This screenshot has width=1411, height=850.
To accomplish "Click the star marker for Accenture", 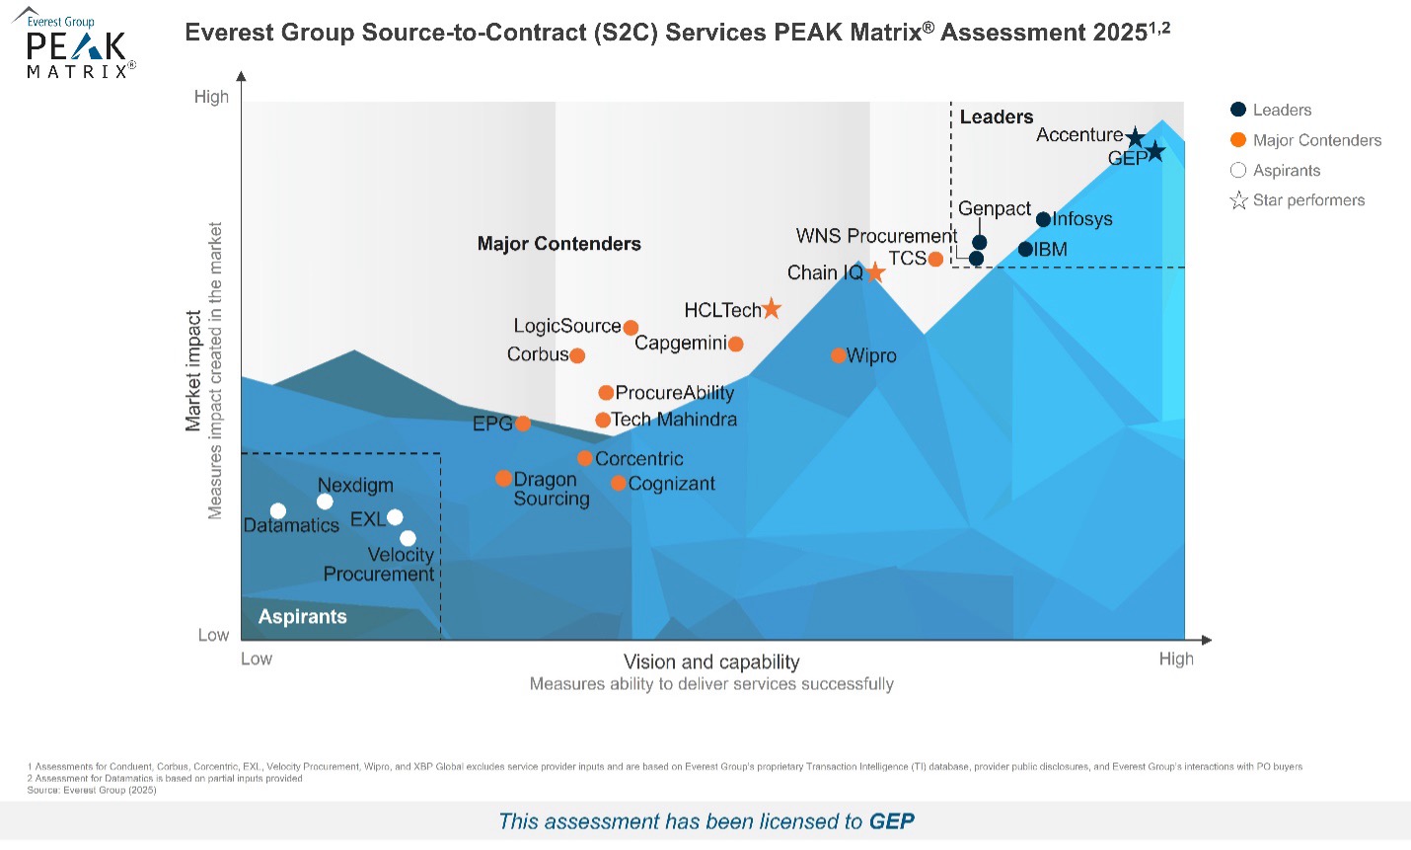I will point(1135,137).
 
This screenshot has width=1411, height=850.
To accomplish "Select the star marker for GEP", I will point(1155,152).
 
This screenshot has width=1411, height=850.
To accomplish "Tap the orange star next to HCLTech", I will point(772,310).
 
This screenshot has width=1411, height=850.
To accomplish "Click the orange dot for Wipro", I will point(839,355).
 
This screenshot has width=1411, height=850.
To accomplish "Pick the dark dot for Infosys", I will point(1044,219).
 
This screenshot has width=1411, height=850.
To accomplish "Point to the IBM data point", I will point(1025,250).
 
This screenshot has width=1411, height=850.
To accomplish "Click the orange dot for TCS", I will point(935,259).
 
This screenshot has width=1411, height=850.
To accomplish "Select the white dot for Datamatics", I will point(278,511).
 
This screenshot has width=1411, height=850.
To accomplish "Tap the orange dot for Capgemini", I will point(735,345).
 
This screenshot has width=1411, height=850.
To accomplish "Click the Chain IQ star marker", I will point(875,272).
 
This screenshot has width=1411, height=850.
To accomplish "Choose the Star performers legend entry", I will point(1297,200).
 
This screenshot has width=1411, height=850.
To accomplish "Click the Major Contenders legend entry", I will point(1305,140).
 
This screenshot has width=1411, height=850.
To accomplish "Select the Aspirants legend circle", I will point(1238,171).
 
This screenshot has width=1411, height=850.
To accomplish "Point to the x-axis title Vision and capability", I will point(711,661).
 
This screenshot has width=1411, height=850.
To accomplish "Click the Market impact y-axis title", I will point(193,371).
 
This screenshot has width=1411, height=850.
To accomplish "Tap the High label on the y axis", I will point(211,97).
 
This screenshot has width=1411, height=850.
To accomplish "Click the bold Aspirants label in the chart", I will point(302,617).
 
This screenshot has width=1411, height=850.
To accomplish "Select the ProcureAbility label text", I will point(675,393).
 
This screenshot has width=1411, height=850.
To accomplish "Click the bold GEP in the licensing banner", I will point(891,821).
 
